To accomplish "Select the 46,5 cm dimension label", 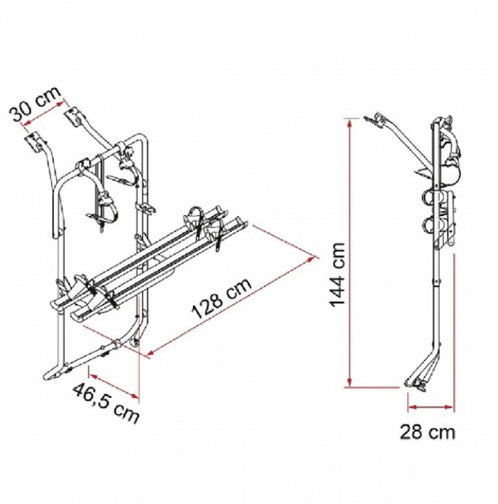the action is (x=107, y=402).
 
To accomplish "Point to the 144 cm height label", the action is (x=338, y=275).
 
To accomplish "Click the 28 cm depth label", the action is (x=427, y=432).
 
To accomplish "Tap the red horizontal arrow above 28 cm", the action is (x=431, y=407).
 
